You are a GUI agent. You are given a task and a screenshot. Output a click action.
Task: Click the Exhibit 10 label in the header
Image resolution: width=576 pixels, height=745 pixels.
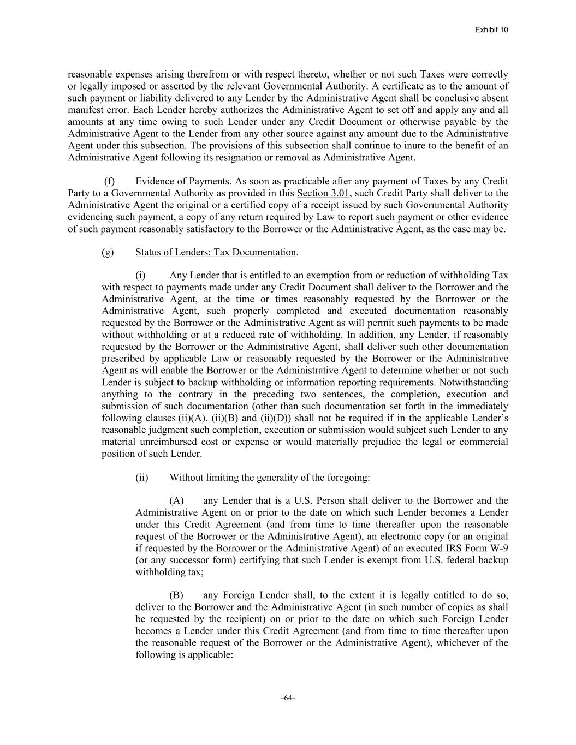pos(491,29)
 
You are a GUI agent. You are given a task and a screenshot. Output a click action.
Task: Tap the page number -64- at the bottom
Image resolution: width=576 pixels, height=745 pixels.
pos(288,698)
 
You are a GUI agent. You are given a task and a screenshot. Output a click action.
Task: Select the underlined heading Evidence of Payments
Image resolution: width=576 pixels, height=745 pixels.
pos(182,181)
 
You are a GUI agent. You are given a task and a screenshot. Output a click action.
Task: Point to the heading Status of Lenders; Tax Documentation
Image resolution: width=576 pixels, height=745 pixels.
pos(215,252)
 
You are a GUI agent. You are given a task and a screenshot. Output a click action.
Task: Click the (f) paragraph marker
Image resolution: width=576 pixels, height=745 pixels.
pos(109,181)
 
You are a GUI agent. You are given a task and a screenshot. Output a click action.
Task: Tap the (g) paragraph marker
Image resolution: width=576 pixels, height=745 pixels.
pos(108,252)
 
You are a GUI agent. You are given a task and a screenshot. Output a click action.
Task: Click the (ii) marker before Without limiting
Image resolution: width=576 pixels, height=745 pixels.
pos(142,478)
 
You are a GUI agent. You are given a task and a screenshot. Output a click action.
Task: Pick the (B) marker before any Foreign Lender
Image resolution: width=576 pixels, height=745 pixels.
pos(176,595)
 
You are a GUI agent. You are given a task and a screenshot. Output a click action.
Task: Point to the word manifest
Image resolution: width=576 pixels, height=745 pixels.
pos(85,110)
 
